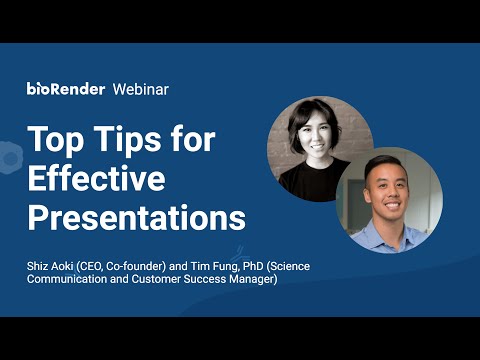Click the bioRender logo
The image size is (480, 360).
pos(66,89)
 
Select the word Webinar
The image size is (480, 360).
pos(141,89)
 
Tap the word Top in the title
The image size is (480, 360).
pos(56,140)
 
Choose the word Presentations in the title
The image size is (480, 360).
pos(137,217)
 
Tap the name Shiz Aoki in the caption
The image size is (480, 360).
pos(50,266)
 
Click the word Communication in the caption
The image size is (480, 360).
pos(67,279)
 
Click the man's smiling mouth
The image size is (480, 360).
pos(392,205)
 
